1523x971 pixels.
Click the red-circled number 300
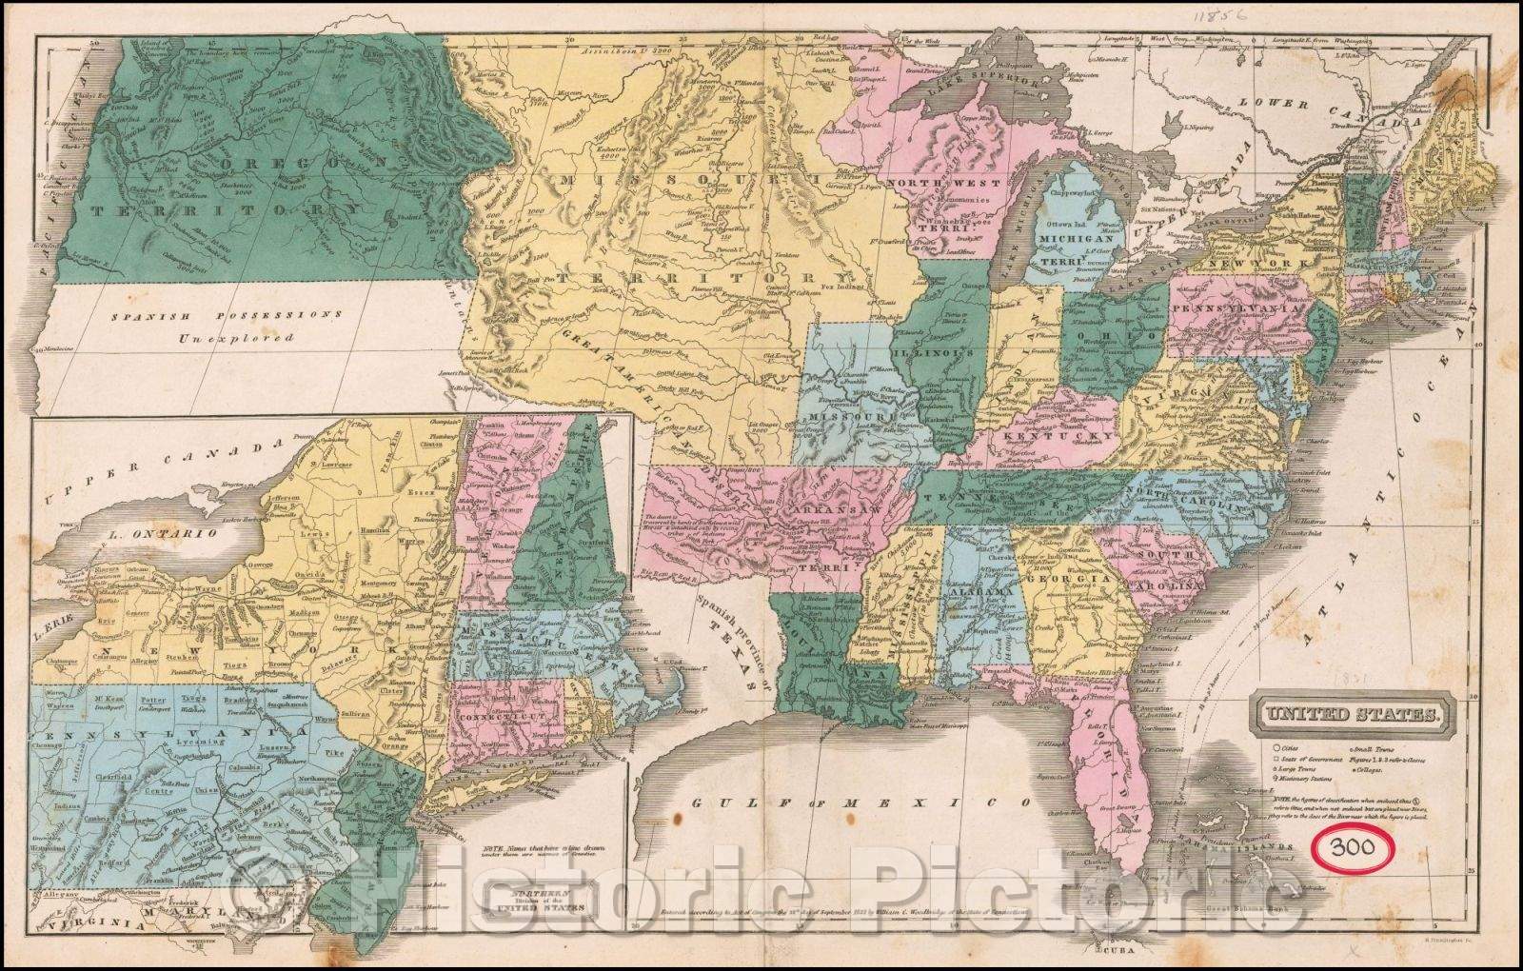click(1350, 846)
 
